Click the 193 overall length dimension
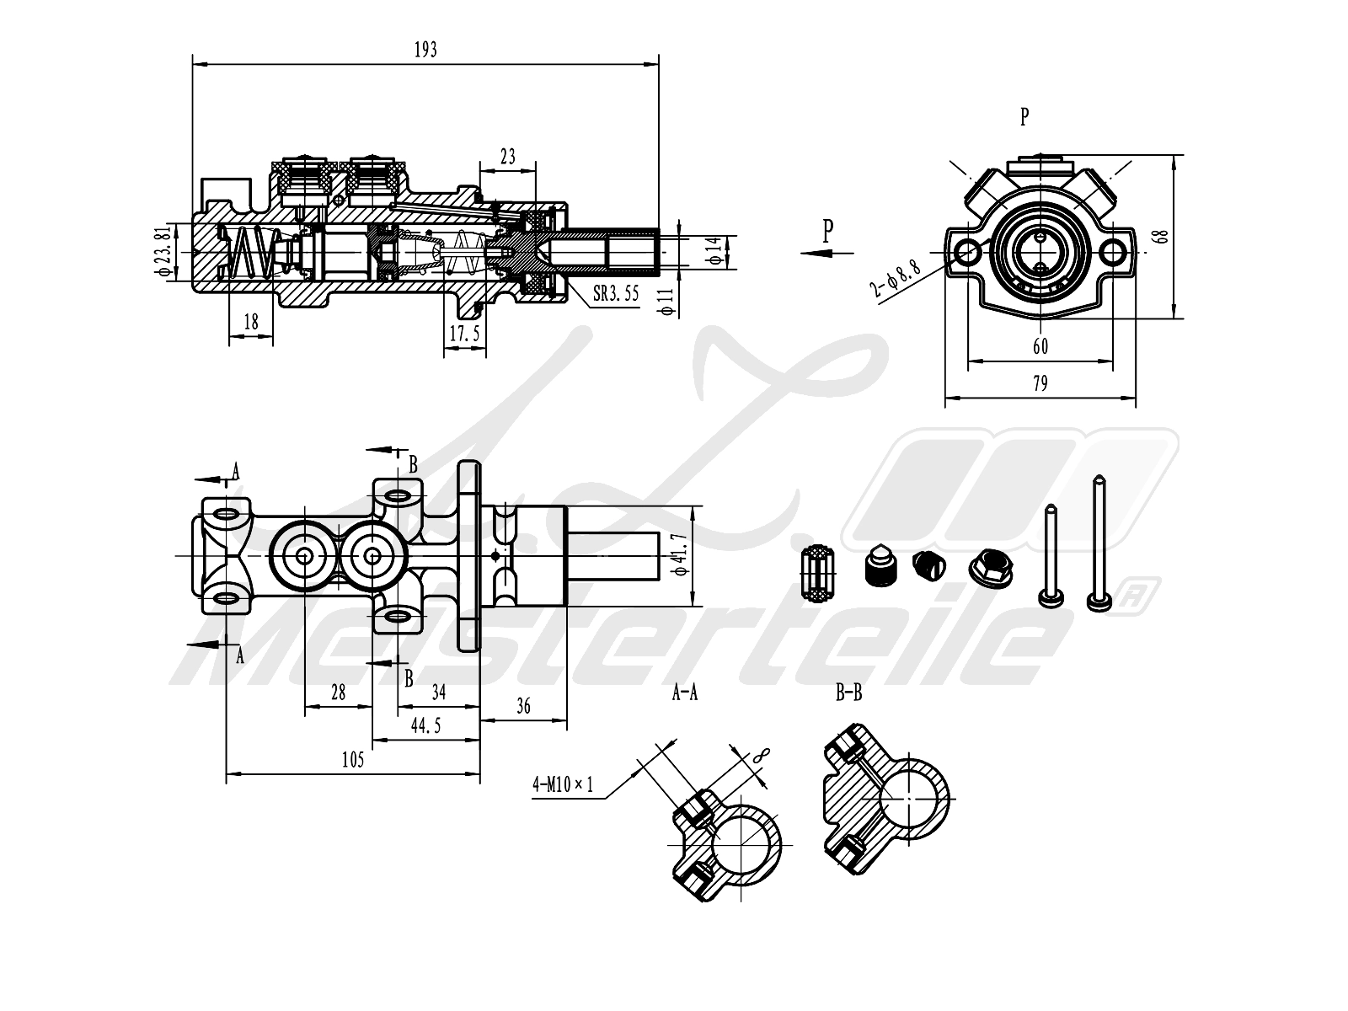425,51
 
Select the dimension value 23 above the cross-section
507,157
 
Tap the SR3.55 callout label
615,294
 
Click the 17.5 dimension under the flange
464,334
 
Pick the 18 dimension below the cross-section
250,321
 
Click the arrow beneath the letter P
827,252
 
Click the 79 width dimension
1040,384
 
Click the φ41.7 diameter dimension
683,556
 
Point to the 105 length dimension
353,760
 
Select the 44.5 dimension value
425,725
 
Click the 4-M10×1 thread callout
563,785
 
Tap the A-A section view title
684,693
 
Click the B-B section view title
848,693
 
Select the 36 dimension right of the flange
523,706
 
